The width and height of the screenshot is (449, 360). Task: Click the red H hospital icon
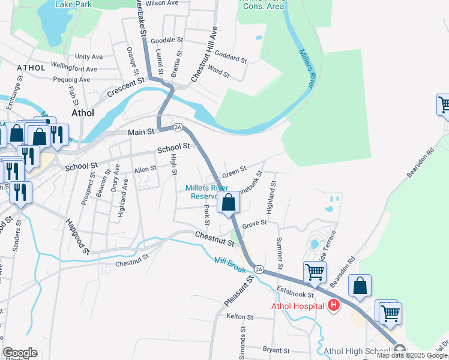(x=334, y=306)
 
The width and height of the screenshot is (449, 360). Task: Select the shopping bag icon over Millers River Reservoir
(x=229, y=203)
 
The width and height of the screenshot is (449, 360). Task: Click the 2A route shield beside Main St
(x=178, y=127)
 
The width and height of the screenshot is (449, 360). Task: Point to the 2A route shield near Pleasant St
(x=259, y=269)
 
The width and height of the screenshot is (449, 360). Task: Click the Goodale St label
(x=167, y=40)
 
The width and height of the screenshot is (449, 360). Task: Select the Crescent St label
(x=127, y=88)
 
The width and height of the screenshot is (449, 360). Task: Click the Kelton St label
(x=237, y=316)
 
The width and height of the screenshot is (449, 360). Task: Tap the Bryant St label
(x=276, y=350)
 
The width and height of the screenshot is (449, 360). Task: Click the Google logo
(x=20, y=353)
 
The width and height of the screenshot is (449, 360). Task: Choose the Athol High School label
(x=356, y=351)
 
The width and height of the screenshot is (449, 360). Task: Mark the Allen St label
(x=145, y=170)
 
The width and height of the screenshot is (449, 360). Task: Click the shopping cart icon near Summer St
(x=314, y=272)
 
